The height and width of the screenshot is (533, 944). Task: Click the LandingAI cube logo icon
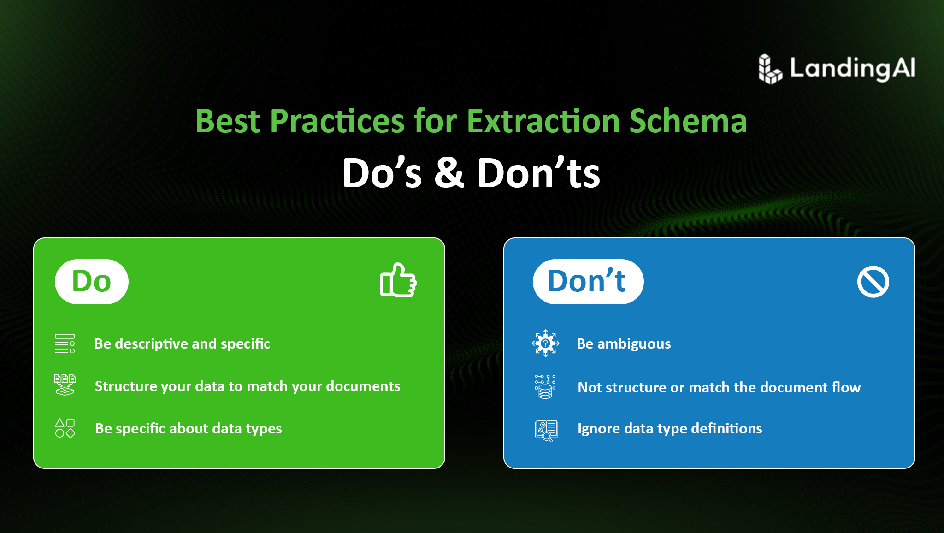770,69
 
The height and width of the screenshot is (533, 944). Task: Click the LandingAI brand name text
853,69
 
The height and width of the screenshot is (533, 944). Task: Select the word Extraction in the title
543,121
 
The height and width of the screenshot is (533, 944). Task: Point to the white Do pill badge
92,281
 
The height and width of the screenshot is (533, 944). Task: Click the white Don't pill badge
588,281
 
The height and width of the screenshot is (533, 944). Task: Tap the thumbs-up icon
398,280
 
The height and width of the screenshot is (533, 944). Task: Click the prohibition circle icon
873,282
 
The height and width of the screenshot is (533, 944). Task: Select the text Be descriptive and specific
182,344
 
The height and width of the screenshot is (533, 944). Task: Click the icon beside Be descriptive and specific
65,343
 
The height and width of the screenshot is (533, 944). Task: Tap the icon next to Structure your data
65,385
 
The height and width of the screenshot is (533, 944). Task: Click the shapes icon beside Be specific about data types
65,428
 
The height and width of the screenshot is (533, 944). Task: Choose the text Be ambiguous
624,344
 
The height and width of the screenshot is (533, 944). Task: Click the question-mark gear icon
545,343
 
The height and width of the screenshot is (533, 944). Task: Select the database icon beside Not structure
545,386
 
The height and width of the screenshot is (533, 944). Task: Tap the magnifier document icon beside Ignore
546,431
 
